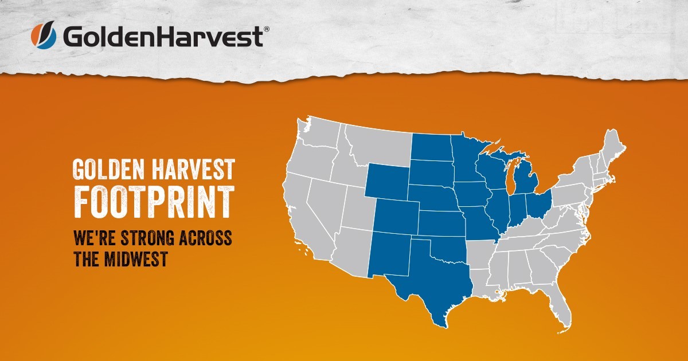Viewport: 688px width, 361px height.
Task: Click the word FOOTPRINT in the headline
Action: [x=154, y=201]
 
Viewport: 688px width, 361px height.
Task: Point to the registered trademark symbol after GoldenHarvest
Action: [x=266, y=28]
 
